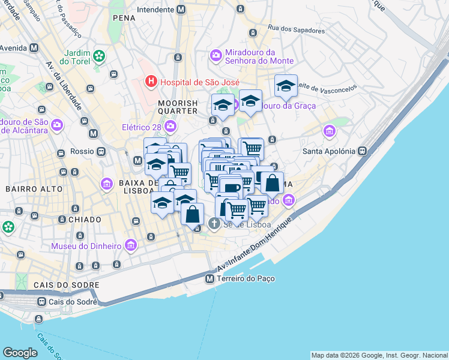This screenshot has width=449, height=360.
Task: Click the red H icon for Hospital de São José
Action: (151, 82)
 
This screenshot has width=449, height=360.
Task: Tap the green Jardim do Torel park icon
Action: (98, 57)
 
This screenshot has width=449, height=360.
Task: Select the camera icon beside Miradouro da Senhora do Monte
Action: (215, 56)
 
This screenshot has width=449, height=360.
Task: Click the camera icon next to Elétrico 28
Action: (170, 126)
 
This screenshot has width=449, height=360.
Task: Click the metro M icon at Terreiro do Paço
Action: (209, 279)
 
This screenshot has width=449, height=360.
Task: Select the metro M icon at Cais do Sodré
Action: (41, 301)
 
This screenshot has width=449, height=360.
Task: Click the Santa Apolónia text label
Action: (329, 151)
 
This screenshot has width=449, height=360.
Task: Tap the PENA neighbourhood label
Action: (124, 19)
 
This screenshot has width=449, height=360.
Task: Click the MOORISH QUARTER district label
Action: (178, 107)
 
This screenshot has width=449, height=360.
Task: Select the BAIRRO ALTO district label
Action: (34, 189)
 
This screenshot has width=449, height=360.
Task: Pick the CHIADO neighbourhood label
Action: (85, 220)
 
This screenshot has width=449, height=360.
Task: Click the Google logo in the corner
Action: (20, 353)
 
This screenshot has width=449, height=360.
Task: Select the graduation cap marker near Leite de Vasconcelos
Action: (286, 86)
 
